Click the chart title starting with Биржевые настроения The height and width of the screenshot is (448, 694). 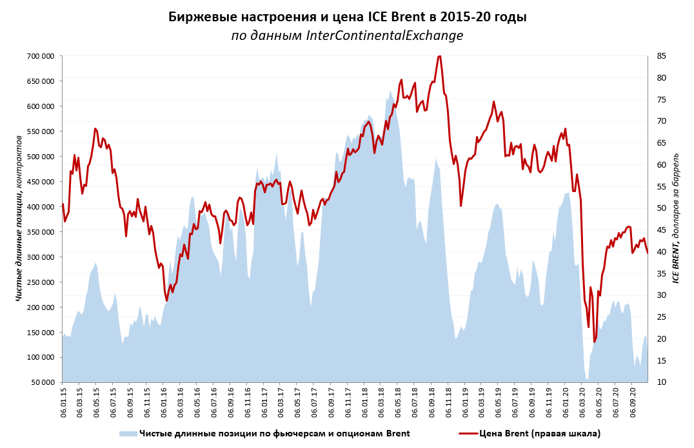[347, 17]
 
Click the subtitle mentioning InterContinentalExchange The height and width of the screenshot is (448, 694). [347, 36]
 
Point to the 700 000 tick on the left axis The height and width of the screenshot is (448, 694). [41, 56]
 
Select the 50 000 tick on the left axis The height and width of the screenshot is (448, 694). [43, 382]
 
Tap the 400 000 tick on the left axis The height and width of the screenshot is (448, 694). [41, 207]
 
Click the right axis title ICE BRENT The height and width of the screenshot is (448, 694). [676, 219]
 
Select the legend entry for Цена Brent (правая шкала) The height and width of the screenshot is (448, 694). [539, 433]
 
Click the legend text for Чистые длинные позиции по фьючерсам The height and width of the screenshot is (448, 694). [275, 433]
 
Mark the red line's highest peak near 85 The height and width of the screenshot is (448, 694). [439, 56]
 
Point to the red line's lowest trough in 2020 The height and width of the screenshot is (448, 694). [594, 342]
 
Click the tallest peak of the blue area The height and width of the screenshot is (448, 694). [390, 91]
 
